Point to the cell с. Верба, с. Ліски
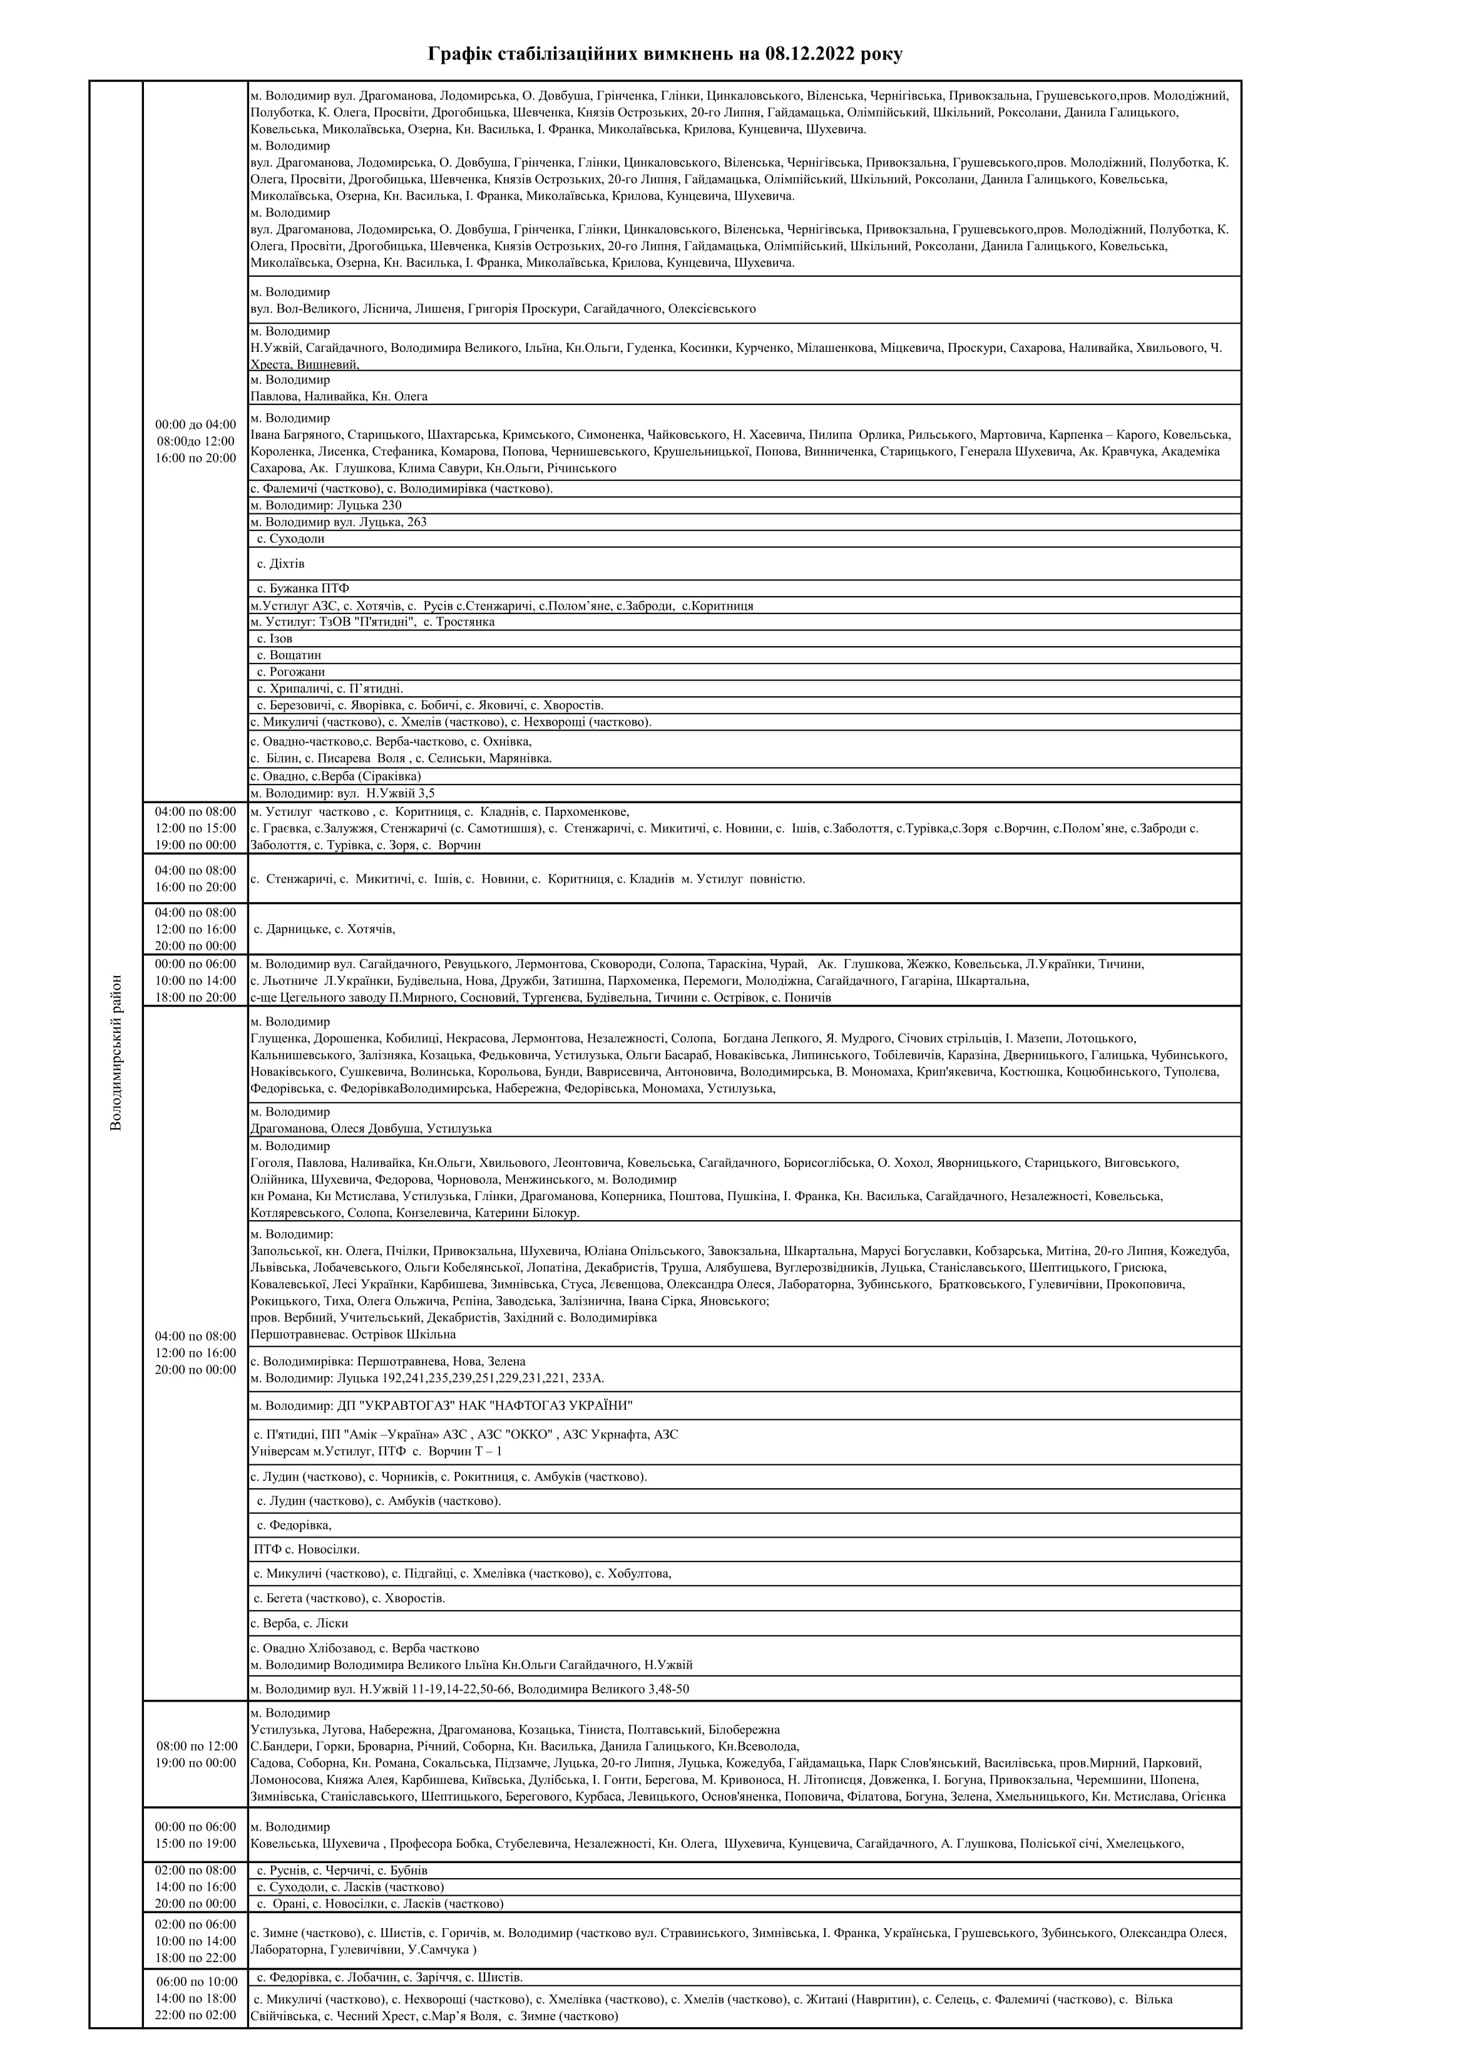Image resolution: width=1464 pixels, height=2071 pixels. pyautogui.click(x=299, y=1623)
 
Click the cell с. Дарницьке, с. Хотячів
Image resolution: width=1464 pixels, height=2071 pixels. pyautogui.click(x=325, y=928)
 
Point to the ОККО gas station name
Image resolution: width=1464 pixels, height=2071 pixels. pyautogui.click(x=529, y=1434)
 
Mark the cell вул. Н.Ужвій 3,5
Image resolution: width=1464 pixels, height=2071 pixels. pyautogui.click(x=389, y=794)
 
